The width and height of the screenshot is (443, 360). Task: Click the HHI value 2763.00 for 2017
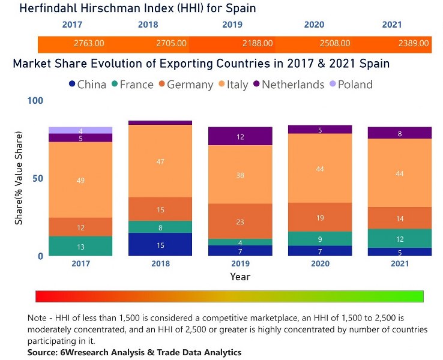(x=89, y=43)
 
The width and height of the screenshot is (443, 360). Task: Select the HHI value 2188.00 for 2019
(x=258, y=43)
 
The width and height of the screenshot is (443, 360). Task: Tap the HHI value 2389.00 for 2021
(x=414, y=43)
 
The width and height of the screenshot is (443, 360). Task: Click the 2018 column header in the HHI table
(x=148, y=25)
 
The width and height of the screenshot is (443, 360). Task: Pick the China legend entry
(x=88, y=85)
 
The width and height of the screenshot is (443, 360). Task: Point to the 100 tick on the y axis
(x=35, y=101)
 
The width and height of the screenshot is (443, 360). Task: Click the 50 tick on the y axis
(x=38, y=179)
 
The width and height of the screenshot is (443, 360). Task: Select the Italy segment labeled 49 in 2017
(x=80, y=180)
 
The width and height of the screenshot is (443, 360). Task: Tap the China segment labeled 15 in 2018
(x=160, y=245)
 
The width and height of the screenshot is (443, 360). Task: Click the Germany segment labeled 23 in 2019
(x=240, y=221)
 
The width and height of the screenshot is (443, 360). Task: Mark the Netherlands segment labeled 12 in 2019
(x=240, y=136)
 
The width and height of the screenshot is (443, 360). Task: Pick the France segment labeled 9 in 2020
(x=320, y=239)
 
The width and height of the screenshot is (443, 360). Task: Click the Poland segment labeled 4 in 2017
(x=80, y=130)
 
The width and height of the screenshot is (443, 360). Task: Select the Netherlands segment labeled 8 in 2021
(x=400, y=133)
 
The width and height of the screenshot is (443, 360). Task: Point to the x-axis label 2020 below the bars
(x=320, y=263)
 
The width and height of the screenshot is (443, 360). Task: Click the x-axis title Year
(x=240, y=277)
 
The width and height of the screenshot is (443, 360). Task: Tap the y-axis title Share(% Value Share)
(x=19, y=179)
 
